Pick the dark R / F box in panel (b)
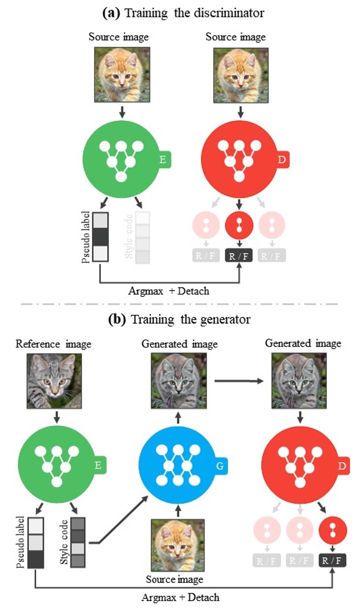coord(333,561)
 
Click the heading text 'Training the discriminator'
coord(194,13)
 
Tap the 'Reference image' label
coord(54,344)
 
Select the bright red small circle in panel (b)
coord(333,531)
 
